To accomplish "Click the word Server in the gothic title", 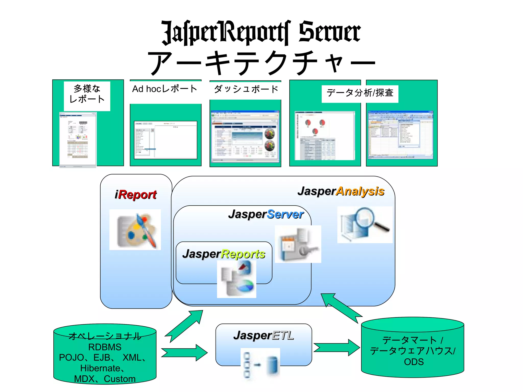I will point(329,32).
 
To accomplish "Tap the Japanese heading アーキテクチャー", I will point(261,63).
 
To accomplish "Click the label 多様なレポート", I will point(87,94).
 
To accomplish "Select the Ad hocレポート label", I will point(165,89).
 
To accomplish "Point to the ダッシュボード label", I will point(246,89).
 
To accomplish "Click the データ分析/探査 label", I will point(360,93).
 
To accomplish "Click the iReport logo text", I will point(136,195).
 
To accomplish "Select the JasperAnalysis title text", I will point(341,191).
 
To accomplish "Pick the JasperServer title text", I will point(266,214).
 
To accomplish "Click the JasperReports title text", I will point(224,254).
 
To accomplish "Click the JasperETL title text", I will point(264,335).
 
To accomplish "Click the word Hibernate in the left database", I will point(100,368).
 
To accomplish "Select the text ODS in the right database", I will point(414,362).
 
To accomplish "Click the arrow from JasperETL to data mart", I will point(337,347).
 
